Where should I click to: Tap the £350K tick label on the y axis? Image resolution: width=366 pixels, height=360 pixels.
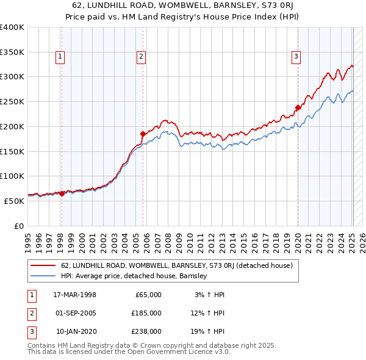[x=12, y=52]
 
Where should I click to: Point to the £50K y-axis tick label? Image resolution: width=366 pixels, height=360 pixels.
[x=14, y=201]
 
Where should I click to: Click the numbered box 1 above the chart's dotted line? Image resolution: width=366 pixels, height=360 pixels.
[x=61, y=57]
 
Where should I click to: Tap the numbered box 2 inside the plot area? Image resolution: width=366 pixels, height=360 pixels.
[x=141, y=57]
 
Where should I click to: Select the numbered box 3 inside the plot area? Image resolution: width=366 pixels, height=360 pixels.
[x=296, y=57]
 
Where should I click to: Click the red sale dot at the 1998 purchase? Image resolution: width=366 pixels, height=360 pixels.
[x=62, y=193]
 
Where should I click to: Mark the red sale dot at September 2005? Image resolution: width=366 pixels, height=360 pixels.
[x=143, y=134]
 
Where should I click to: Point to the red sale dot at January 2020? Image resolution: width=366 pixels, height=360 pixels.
[x=298, y=107]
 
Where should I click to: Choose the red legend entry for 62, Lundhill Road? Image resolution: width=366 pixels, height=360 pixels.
[x=177, y=265]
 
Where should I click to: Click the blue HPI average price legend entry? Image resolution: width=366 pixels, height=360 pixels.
[x=134, y=276]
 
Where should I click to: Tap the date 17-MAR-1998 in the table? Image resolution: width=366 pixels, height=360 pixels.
[x=75, y=295]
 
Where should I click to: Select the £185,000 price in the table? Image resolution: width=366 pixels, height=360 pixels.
[x=146, y=313]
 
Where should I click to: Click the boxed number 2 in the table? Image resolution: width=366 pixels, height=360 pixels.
[x=31, y=313]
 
